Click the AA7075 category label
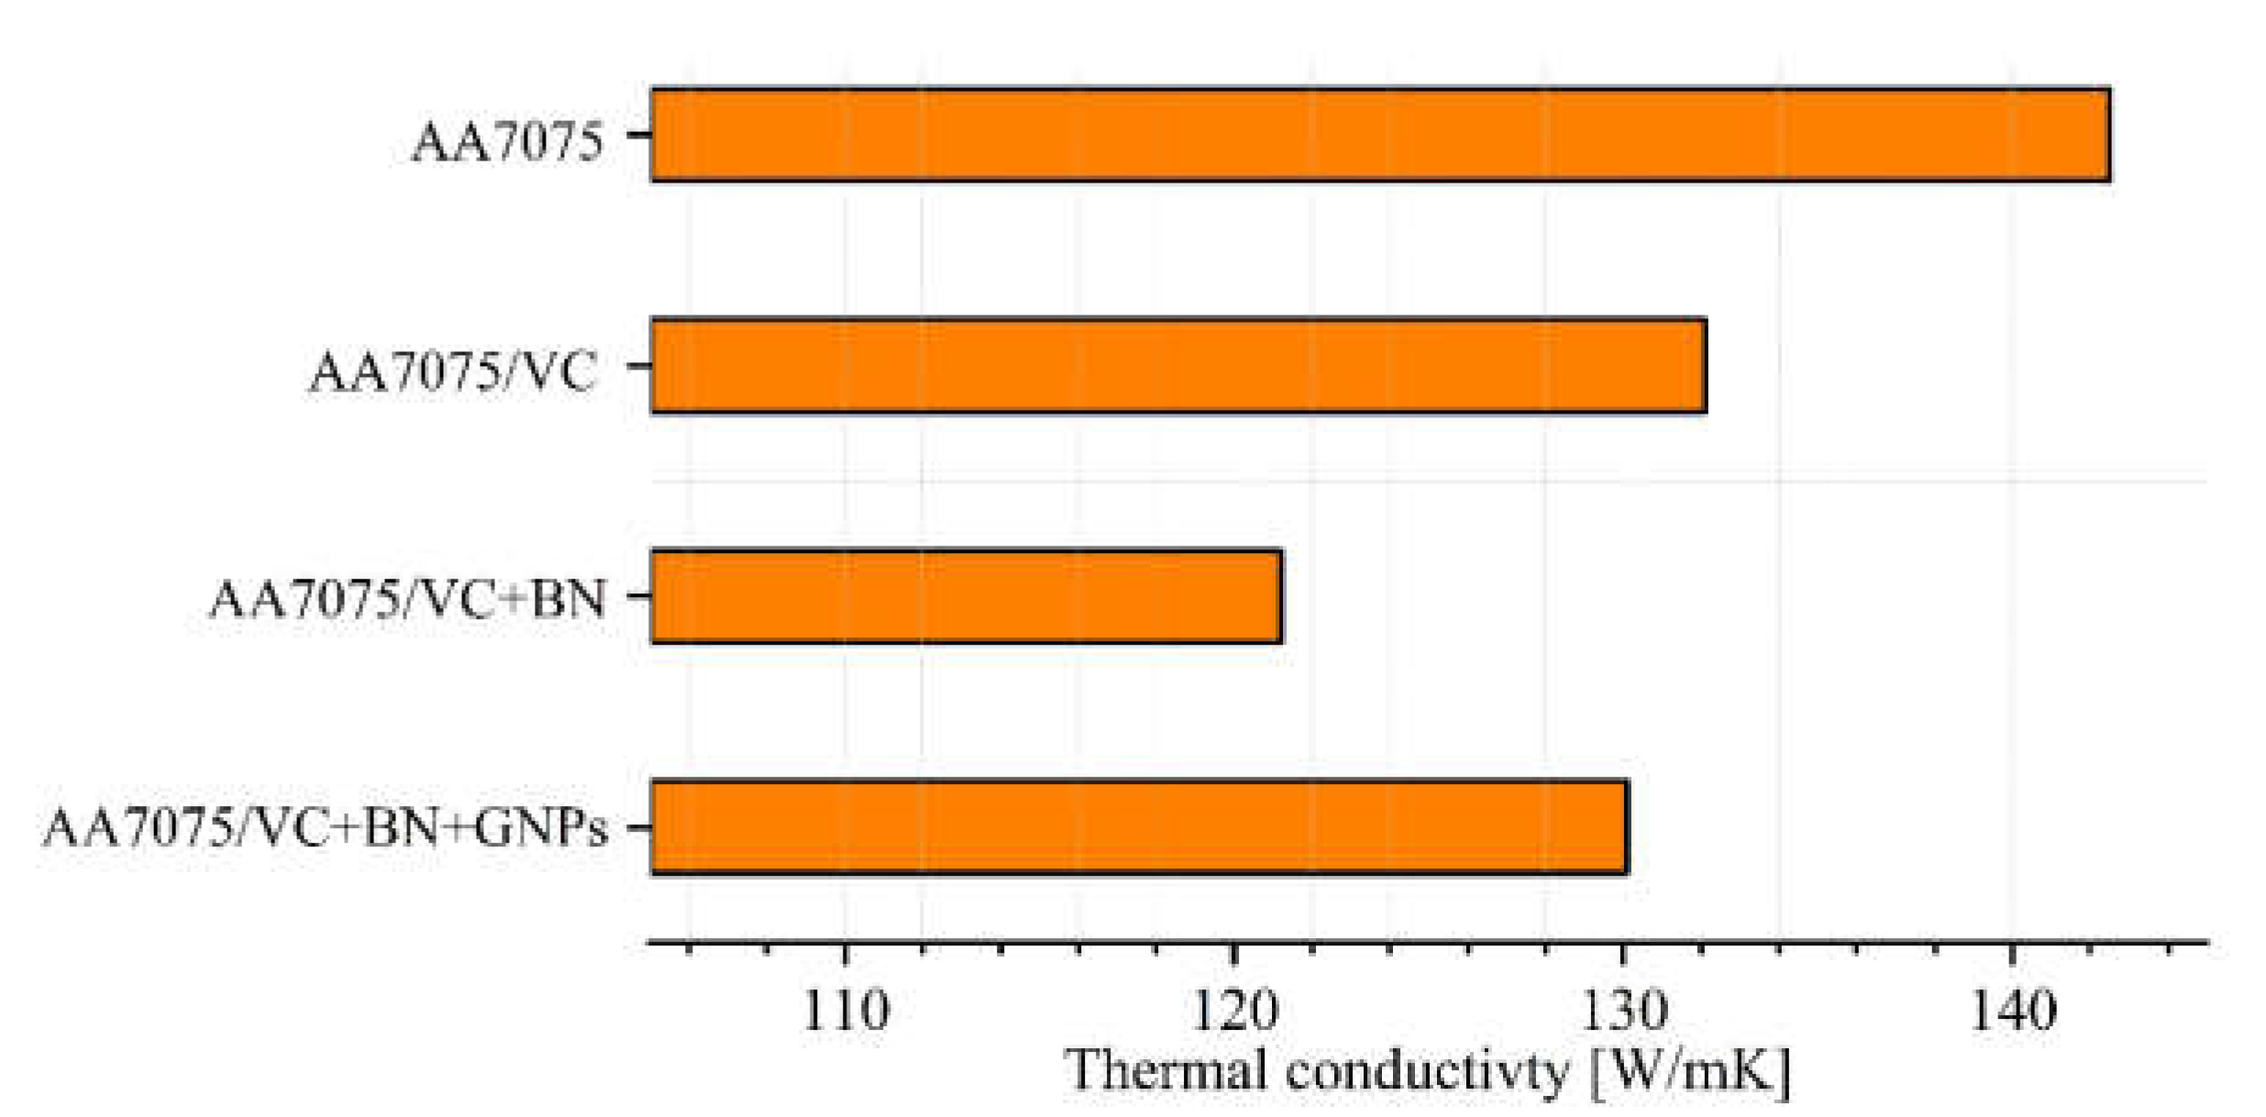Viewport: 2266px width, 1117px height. click(508, 143)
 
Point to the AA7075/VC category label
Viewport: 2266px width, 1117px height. click(454, 373)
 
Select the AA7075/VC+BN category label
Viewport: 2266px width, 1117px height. click(408, 601)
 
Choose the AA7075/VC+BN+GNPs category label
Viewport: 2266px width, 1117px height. click(326, 829)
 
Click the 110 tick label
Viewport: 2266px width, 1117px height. click(845, 1012)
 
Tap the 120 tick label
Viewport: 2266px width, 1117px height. click(1233, 1012)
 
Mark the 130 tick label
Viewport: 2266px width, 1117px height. click(1624, 1012)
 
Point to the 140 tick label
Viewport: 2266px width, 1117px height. click(2013, 1012)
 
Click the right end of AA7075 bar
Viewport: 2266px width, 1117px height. click(2108, 135)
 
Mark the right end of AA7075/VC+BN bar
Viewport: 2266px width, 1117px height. click(1280, 597)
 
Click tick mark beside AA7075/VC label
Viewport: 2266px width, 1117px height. click(638, 366)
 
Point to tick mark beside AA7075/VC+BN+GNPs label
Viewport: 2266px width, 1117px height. click(638, 827)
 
